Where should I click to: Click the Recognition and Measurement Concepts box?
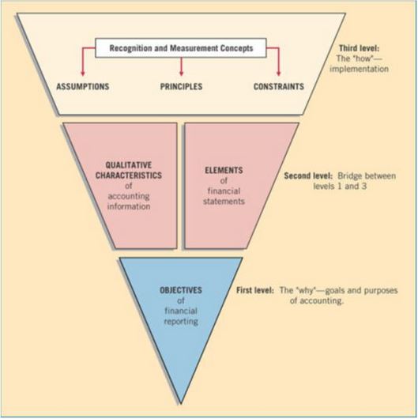pyautogui.click(x=181, y=48)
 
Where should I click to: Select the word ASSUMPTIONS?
pyautogui.click(x=83, y=87)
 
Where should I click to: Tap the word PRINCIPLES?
pyautogui.click(x=182, y=87)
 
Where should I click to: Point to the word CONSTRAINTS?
pyautogui.click(x=279, y=87)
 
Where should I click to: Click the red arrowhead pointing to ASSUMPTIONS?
pyautogui.click(x=83, y=74)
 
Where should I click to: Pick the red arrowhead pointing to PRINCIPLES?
pyautogui.click(x=182, y=74)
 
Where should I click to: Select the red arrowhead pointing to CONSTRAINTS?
pyautogui.click(x=279, y=74)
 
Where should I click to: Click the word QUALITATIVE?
pyautogui.click(x=129, y=165)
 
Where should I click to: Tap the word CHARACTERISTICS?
pyautogui.click(x=129, y=176)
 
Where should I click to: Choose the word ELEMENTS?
pyautogui.click(x=224, y=170)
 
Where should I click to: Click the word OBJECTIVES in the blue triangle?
pyautogui.click(x=181, y=290)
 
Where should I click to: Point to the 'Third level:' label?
pyautogui.click(x=360, y=48)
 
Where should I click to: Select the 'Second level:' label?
pyautogui.click(x=308, y=176)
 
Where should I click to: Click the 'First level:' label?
pyautogui.click(x=255, y=290)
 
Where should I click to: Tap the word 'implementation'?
pyautogui.click(x=360, y=69)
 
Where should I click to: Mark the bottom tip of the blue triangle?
pyautogui.click(x=181, y=404)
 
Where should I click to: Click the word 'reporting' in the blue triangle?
pyautogui.click(x=181, y=322)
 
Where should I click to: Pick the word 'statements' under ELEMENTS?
pyautogui.click(x=224, y=202)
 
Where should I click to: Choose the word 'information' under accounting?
pyautogui.click(x=129, y=206)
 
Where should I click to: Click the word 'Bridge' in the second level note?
pyautogui.click(x=349, y=176)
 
